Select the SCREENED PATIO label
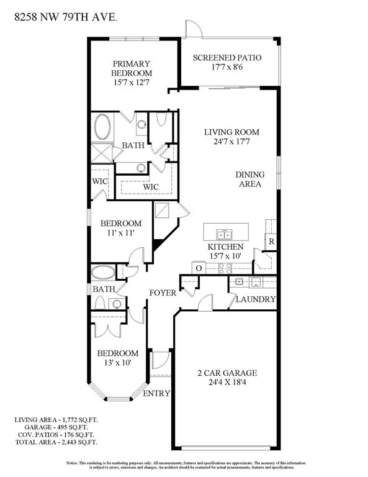pyautogui.click(x=227, y=58)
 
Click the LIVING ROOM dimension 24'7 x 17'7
pyautogui.click(x=231, y=143)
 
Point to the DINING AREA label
pyautogui.click(x=249, y=179)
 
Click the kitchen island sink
pyautogui.click(x=224, y=234)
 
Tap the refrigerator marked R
pyautogui.click(x=271, y=241)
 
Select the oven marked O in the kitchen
pyautogui.click(x=199, y=268)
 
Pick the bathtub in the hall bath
pyautogui.click(x=102, y=273)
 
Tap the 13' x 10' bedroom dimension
pyautogui.click(x=114, y=363)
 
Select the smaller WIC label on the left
pyautogui.click(x=101, y=182)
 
